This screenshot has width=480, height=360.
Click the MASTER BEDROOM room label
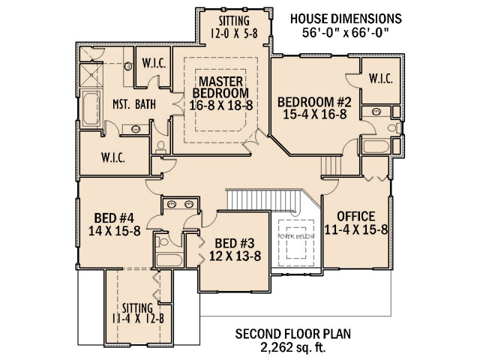pos(220,87)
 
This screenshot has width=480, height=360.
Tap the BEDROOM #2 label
pos(314,102)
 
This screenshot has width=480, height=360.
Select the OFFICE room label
pos(356,217)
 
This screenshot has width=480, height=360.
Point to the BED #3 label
pos(235,243)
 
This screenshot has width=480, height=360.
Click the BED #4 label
pos(114,218)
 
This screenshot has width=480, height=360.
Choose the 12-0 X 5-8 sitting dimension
pos(234,33)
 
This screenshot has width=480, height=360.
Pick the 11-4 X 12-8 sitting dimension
pos(137,319)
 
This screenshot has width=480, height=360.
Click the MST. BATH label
pos(134,104)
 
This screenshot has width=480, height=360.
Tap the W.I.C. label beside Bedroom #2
pos(381,79)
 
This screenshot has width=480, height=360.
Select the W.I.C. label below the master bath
pos(113,158)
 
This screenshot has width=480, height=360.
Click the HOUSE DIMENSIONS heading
pos(346,19)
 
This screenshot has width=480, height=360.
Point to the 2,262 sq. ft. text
pos(293,347)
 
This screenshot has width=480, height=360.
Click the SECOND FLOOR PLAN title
pos(293,334)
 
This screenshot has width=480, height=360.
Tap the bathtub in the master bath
pos(91,109)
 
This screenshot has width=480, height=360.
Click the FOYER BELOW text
pos(295,236)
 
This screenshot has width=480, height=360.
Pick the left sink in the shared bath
pos(171,204)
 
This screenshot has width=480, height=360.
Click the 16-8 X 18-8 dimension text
pos(221,105)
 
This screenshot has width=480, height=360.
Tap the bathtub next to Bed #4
pos(169,260)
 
